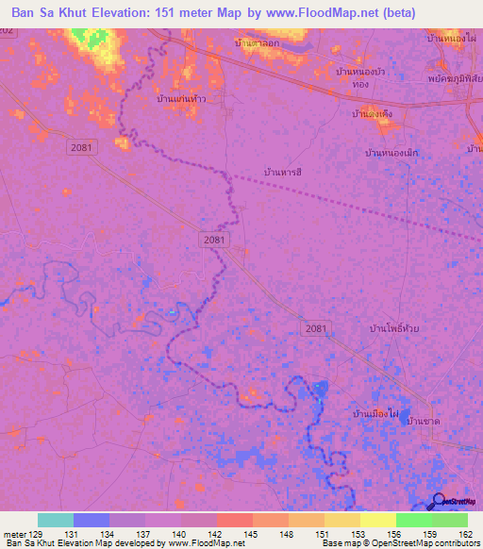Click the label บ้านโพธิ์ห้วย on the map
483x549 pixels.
click(393, 328)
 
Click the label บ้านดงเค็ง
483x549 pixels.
click(371, 114)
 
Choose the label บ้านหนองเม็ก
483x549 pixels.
click(391, 152)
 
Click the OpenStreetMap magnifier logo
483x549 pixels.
click(440, 502)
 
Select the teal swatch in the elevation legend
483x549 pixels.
click(56, 520)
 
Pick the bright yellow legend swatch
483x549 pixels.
click(377, 520)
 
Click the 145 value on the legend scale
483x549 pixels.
click(253, 534)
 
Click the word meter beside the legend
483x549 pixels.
click(14, 534)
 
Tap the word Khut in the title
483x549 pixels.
click(81, 14)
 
